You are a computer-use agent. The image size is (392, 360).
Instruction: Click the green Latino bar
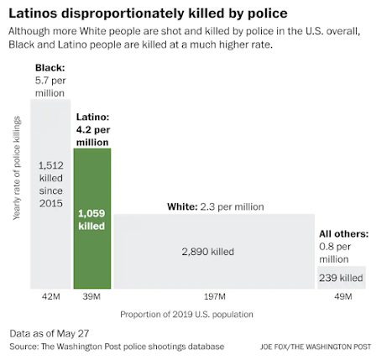tap(92, 218)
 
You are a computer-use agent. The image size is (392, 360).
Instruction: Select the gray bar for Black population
tap(50, 194)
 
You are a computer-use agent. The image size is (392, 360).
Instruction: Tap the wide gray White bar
tap(214, 252)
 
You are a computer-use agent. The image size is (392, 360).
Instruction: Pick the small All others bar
tap(342, 278)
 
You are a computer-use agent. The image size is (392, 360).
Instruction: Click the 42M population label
tap(51, 296)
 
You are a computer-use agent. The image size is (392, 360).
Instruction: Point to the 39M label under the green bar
tap(91, 296)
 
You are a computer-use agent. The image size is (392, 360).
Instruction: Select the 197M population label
tap(215, 296)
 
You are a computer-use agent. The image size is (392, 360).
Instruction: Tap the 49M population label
tap(343, 296)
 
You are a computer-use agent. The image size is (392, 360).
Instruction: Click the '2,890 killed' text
tap(208, 252)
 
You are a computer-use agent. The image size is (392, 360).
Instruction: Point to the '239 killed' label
tap(341, 278)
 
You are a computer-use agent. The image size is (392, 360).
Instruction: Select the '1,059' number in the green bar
tap(91, 213)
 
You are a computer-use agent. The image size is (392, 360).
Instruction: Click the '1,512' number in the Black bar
tap(51, 165)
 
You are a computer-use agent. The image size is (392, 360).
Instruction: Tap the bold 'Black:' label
tap(50, 68)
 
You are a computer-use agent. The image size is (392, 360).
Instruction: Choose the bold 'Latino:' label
tap(93, 117)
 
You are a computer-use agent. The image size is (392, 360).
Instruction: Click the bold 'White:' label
tap(182, 206)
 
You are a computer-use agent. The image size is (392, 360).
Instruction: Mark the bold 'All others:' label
tap(344, 234)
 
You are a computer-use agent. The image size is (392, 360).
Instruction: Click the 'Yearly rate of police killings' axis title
tap(17, 168)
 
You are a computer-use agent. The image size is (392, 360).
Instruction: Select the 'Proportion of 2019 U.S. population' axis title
tap(186, 315)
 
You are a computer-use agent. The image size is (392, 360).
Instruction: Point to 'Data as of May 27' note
tap(50, 333)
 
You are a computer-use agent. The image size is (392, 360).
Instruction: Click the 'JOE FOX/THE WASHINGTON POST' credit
tap(316, 347)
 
